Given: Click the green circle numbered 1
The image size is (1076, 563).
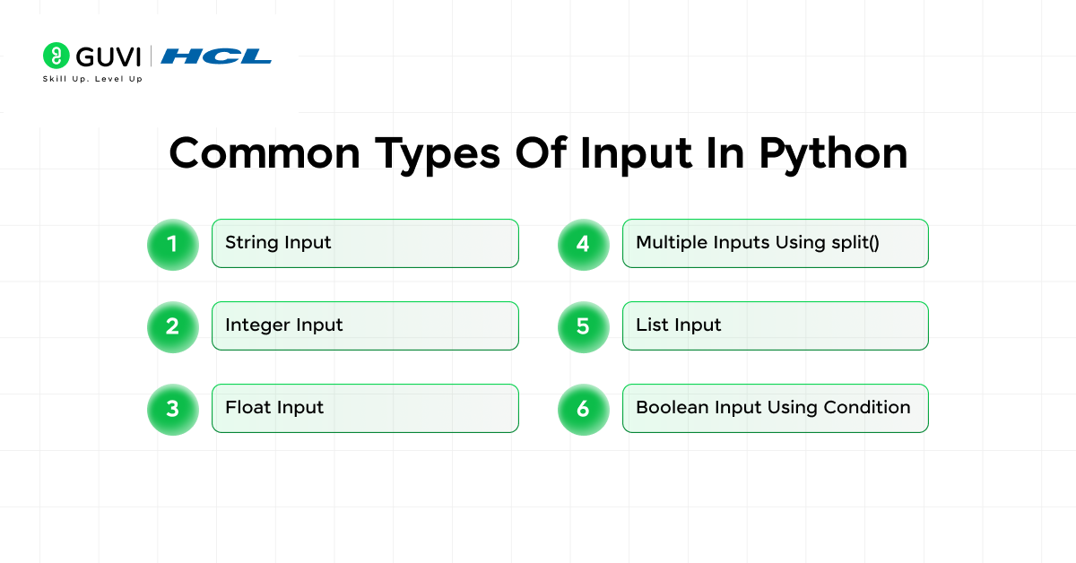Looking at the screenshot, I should [x=172, y=244].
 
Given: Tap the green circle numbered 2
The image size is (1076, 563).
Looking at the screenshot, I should [x=172, y=326].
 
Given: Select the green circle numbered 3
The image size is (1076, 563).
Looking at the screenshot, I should [x=172, y=409].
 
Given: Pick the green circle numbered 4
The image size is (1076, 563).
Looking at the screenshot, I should [x=583, y=244].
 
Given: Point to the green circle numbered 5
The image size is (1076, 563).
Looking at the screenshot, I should [x=583, y=326].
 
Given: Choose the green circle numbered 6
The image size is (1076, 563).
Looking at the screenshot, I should [x=583, y=409].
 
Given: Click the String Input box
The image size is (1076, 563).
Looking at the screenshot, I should [x=365, y=243].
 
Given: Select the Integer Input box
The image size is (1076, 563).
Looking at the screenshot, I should [x=365, y=325].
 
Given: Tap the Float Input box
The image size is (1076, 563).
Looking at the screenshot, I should [x=365, y=408].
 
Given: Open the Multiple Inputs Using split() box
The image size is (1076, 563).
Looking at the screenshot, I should [x=775, y=243].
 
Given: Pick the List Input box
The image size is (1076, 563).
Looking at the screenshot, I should [x=775, y=325].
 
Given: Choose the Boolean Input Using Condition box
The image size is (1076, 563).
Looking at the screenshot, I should [x=775, y=408].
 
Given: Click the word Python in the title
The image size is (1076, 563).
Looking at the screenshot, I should [x=833, y=153].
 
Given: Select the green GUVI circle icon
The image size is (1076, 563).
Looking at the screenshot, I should [x=56, y=56].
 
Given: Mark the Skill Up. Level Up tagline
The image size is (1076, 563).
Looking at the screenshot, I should [x=92, y=79].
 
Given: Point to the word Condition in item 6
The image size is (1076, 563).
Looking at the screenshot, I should [x=866, y=407].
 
